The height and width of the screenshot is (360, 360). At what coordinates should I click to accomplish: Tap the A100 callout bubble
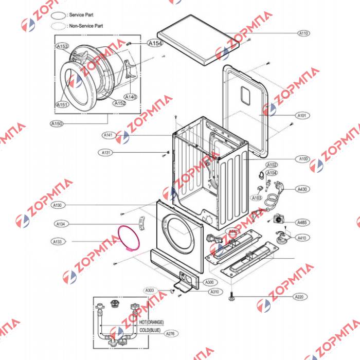pos(303,159)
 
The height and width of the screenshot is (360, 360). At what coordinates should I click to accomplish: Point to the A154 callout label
pos(155,44)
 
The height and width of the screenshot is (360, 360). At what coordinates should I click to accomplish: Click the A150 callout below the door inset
pos(57,123)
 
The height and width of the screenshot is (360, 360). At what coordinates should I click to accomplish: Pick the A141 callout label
pos(108,135)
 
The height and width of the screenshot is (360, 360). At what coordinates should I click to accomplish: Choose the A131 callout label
pos(106,153)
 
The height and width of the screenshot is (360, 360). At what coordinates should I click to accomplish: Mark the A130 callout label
pos(58,205)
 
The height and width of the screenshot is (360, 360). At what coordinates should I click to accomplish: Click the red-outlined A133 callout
pos(58,241)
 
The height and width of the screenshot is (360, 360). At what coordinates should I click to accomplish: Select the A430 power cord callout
pos(302,189)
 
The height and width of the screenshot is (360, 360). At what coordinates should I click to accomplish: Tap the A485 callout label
pos(302,222)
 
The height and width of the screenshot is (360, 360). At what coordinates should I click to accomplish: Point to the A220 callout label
pos(299,297)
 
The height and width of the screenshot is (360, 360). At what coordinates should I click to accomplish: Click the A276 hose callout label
pos(170,334)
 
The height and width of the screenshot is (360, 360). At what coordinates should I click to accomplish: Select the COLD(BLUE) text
pos(150,329)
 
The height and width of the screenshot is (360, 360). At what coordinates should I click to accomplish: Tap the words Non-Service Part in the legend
pos(86,25)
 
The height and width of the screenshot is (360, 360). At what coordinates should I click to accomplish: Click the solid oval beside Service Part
pos(60,16)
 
